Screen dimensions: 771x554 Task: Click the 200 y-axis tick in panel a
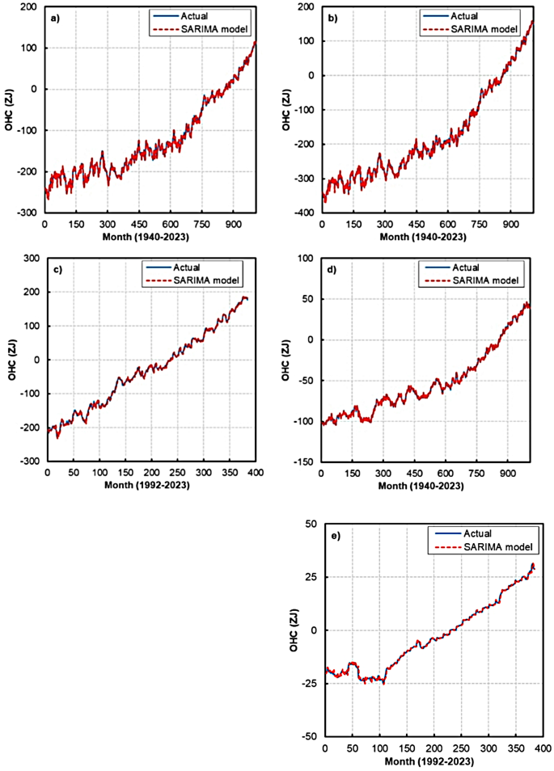point(29,7)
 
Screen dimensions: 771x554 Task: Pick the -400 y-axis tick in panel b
point(306,213)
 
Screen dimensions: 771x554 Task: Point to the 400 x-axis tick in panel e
point(542,748)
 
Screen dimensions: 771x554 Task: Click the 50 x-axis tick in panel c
point(74,474)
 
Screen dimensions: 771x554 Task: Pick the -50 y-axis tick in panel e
point(311,736)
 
